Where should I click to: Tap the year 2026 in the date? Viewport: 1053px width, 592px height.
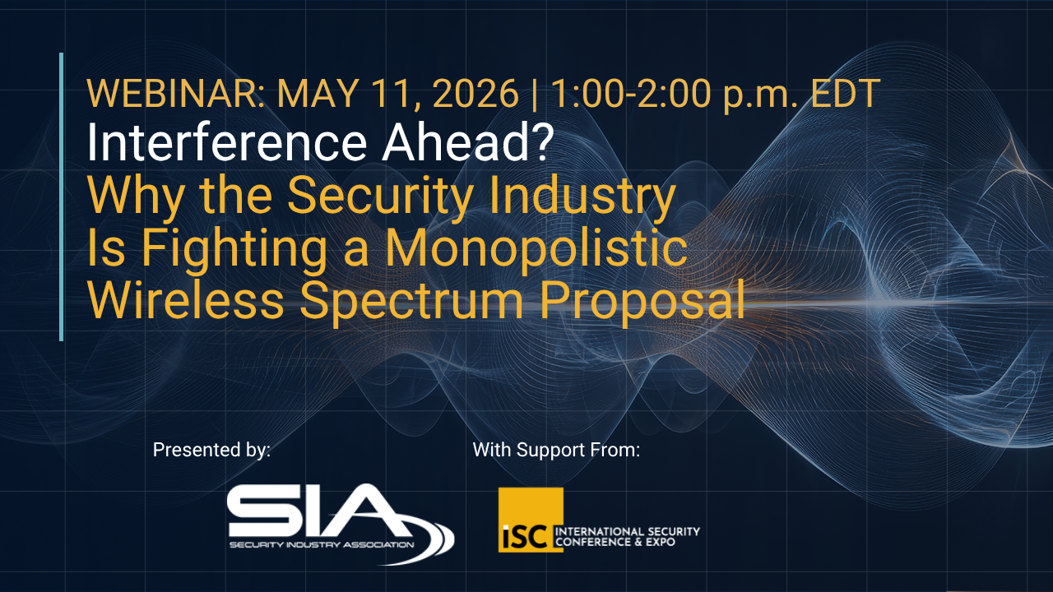(475, 94)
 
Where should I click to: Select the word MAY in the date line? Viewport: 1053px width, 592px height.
(318, 94)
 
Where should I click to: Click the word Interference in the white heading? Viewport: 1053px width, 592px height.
(226, 142)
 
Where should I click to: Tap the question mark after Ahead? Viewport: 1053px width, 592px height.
(538, 142)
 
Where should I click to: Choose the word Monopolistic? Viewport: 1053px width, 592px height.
(536, 247)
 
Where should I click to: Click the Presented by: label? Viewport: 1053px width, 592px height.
(211, 450)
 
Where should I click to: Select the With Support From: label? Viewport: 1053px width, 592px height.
(556, 450)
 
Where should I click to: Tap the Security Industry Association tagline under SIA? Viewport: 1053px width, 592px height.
(322, 545)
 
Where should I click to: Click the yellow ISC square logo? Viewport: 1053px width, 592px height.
(531, 520)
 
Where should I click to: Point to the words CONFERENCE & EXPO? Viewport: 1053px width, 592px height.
(615, 542)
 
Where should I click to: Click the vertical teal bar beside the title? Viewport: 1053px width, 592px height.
(61, 197)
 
